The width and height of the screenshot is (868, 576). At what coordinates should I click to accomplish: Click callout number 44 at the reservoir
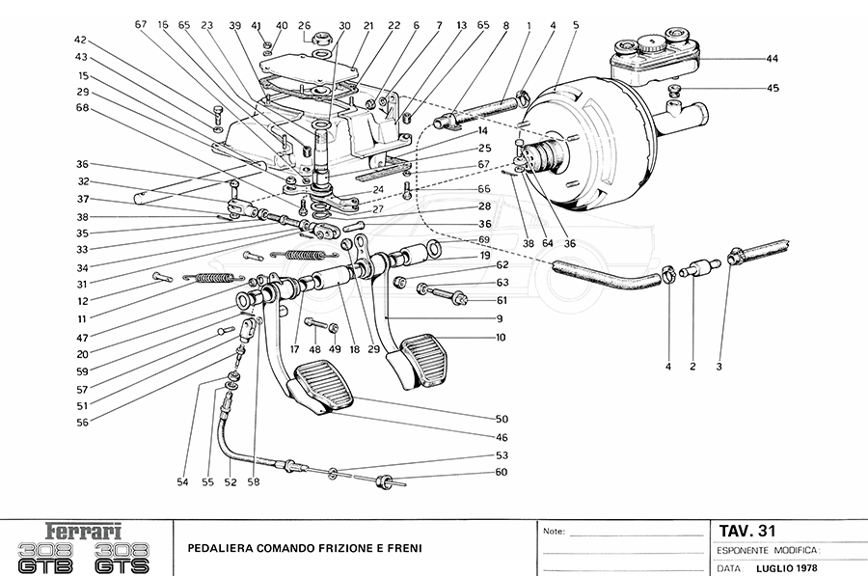coord(773,59)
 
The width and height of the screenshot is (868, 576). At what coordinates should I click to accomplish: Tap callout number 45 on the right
coord(773,90)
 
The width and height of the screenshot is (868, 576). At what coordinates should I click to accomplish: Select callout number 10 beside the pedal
coord(502,338)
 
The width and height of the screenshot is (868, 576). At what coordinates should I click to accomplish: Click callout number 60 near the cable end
coord(502,472)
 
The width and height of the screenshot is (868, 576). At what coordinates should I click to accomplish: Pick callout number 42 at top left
coord(80,40)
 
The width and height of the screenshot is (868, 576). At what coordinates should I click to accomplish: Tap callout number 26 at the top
coord(305,25)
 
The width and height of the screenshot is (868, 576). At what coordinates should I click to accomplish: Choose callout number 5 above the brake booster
coord(575,25)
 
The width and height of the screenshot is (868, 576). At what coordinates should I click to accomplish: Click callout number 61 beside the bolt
coord(502,300)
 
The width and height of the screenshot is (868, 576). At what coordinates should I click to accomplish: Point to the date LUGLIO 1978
coord(790,568)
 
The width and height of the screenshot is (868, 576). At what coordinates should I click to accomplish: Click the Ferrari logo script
coord(86,531)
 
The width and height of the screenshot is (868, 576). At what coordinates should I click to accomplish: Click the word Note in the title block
coord(554,532)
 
